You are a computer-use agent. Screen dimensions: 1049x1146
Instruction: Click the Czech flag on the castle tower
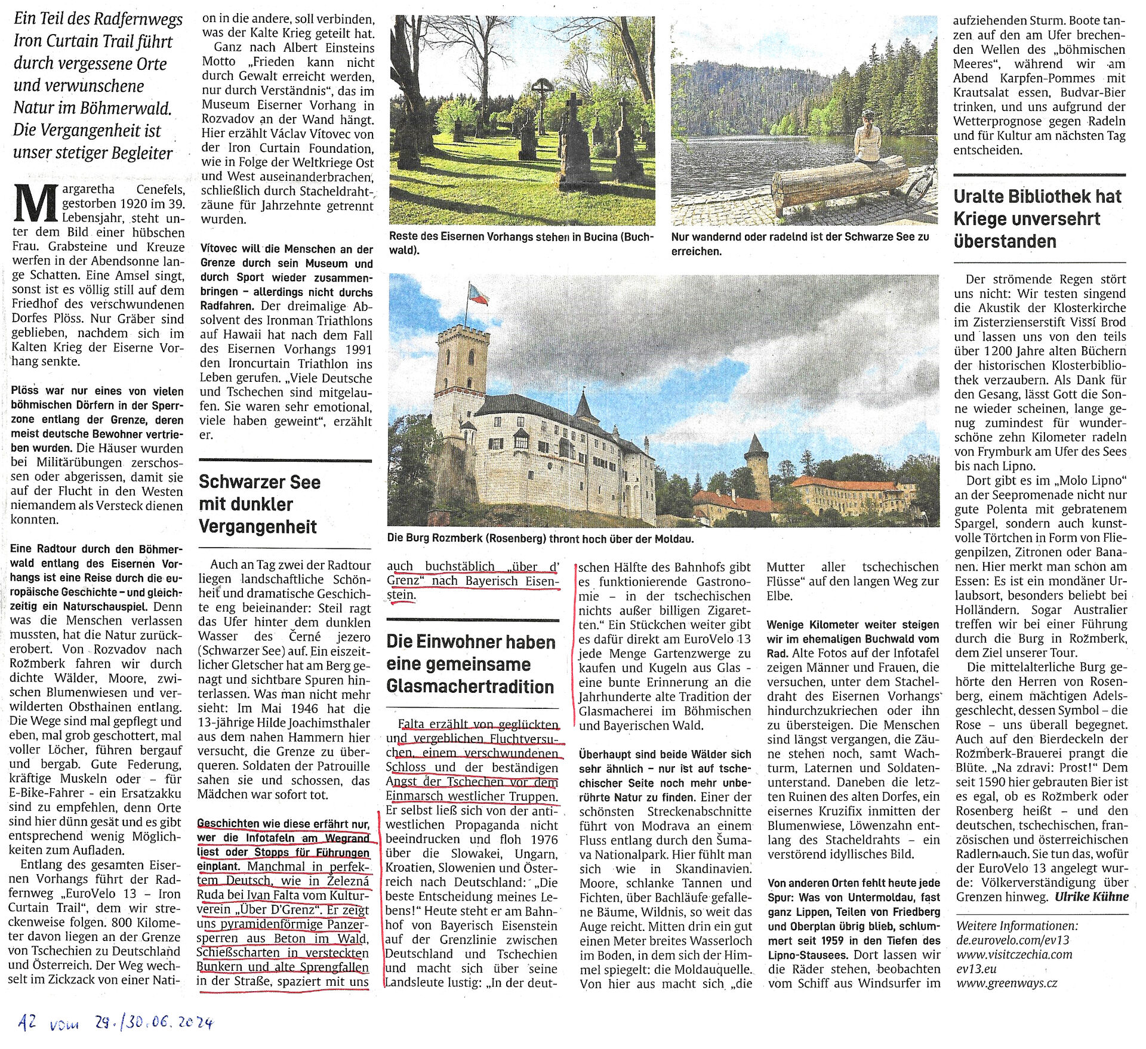pos(478,294)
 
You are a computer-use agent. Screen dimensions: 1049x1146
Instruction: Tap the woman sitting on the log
pos(867,138)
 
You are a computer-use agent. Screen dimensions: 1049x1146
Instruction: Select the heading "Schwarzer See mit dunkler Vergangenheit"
pos(259,504)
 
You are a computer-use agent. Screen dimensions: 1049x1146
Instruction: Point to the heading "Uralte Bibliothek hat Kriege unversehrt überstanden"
pos(1037,219)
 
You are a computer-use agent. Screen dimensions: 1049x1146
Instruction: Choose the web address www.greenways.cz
pos(1006,983)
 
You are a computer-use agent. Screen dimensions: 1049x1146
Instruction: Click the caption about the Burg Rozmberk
pos(540,539)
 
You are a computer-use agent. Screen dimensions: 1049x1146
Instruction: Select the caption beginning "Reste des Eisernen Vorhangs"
pos(520,243)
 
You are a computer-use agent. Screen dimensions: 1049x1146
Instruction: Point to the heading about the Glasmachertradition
pos(470,664)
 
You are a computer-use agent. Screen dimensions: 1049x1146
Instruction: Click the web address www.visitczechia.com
pos(1014,955)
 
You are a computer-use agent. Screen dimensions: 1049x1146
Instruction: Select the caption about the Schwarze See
pos(800,244)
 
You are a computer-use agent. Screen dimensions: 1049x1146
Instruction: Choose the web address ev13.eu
pos(976,969)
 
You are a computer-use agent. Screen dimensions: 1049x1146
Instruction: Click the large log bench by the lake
pos(839,183)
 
